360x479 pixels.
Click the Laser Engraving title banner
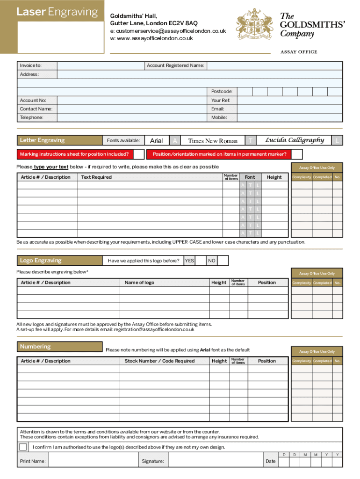[58, 13]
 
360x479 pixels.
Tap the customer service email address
[167, 31]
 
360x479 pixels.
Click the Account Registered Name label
[175, 65]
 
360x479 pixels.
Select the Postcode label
[222, 92]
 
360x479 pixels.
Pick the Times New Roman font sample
[213, 141]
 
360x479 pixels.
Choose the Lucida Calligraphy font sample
[295, 140]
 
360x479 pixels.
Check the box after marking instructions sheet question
[138, 154]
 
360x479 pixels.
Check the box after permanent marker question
[297, 154]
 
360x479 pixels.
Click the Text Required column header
[96, 177]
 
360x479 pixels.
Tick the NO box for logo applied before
[223, 261]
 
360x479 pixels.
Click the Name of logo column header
[139, 283]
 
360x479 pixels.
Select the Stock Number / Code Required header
[159, 361]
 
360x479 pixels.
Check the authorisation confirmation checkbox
[23, 447]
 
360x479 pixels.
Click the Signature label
[153, 462]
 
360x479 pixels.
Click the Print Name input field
[93, 461]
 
